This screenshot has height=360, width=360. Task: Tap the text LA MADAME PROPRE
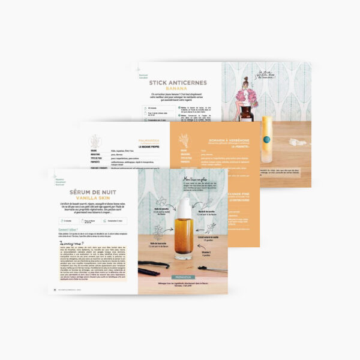coord(148,146)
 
